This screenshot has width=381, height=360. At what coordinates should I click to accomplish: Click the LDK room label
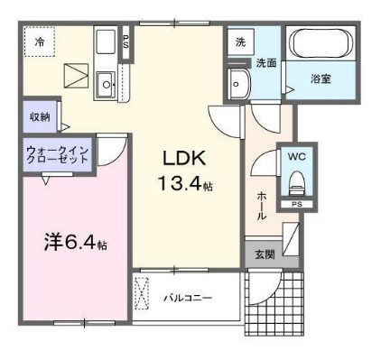pos(184,158)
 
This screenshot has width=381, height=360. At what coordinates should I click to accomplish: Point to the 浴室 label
pos(321,78)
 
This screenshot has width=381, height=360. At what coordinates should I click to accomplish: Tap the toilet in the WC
pos(297,183)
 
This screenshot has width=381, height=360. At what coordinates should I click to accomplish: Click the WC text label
pos(296,156)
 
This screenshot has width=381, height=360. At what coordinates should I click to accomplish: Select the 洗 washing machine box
pos(240,42)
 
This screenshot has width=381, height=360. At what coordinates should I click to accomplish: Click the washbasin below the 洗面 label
pos(239,84)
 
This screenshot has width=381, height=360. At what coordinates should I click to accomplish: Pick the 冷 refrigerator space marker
pos(40,42)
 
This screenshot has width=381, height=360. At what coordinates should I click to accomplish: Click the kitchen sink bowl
pos(106,85)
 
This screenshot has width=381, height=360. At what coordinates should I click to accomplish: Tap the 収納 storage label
pos(40,117)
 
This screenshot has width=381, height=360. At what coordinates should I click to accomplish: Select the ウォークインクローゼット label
pos(57,154)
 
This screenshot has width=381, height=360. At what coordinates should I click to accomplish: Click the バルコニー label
pos(188,298)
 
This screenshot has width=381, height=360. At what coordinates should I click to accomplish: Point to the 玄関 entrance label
pos(265,254)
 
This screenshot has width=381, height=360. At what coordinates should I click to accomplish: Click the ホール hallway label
pos(261,206)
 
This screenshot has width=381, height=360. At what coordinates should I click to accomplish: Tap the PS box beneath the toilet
pos(297,204)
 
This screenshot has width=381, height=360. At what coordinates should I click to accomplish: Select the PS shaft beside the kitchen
pos(125,42)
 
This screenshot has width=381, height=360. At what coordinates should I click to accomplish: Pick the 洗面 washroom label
pos(266,63)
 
